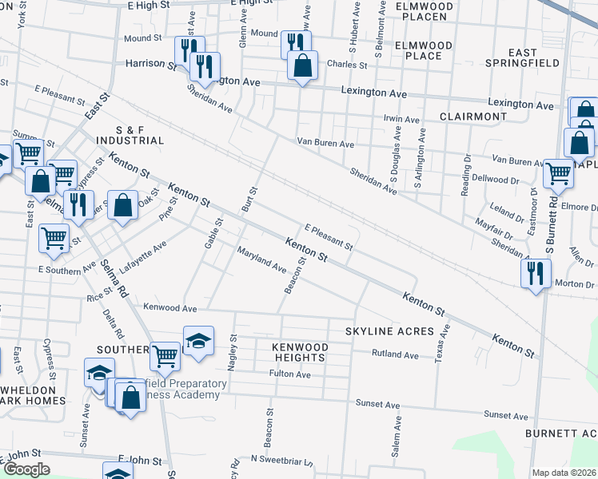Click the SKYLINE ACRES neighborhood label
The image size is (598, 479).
tap(389, 331)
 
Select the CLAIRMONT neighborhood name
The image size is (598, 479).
tap(473, 117)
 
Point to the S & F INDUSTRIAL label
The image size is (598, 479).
tap(140, 135)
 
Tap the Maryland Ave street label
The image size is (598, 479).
tap(261, 259)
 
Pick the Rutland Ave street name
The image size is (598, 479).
tap(395, 354)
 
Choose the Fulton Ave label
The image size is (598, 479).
tap(290, 373)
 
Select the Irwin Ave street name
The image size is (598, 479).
tap(401, 119)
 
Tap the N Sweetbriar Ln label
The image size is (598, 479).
tap(280, 460)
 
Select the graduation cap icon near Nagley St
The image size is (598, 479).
tap(198, 340)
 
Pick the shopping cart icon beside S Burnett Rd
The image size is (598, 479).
tap(557, 172)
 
